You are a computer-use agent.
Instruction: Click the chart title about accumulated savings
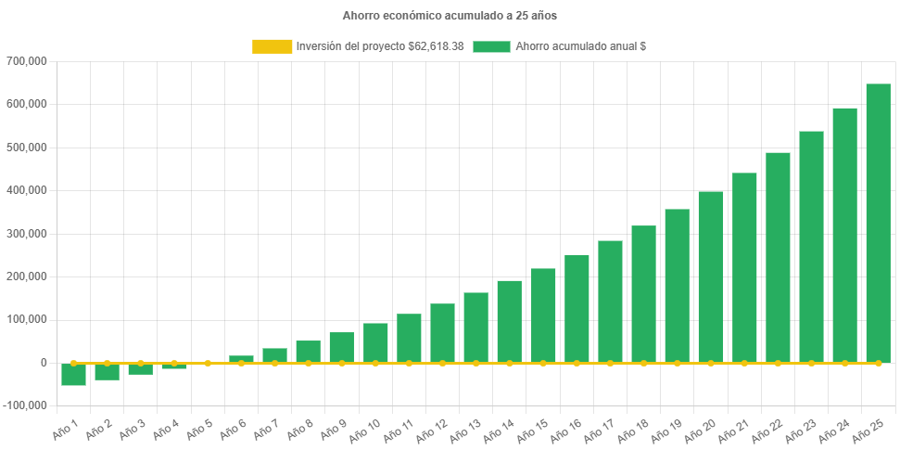click(450, 16)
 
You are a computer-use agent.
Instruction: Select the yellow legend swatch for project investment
click(272, 46)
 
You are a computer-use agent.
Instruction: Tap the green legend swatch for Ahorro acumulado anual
click(491, 46)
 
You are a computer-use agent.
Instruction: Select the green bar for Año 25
click(878, 223)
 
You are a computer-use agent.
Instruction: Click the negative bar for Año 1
click(73, 374)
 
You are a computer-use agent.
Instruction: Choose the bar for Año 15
click(543, 315)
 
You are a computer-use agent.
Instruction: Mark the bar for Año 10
click(375, 342)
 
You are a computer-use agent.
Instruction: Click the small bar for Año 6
click(241, 359)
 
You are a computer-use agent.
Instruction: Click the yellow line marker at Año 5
click(208, 363)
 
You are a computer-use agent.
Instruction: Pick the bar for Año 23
click(811, 247)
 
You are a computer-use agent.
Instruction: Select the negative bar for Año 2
click(107, 371)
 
